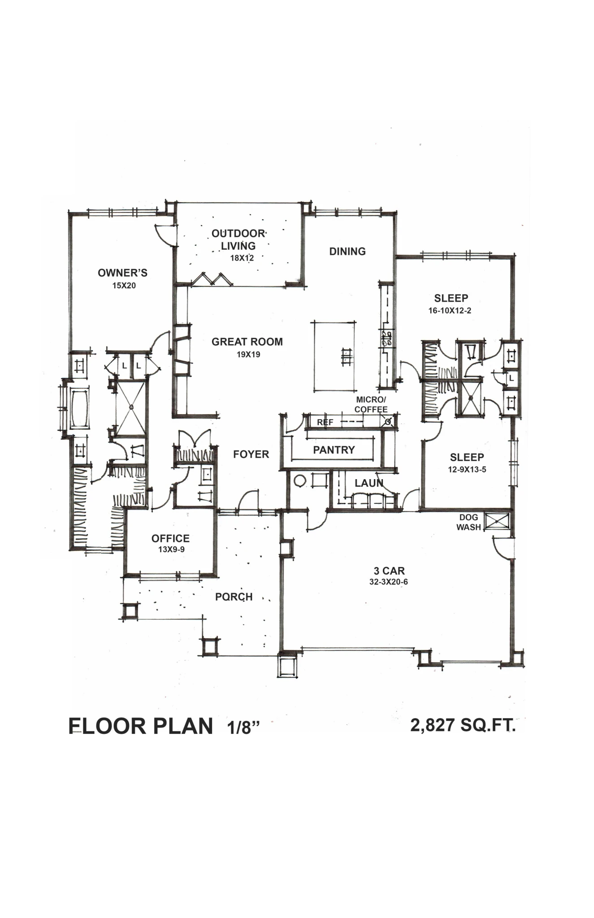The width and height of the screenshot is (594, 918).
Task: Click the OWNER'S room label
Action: tap(122, 273)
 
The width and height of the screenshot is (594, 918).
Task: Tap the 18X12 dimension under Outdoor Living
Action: tap(242, 258)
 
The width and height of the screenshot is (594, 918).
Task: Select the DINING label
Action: tap(347, 251)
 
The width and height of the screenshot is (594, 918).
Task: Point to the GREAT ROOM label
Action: tap(247, 342)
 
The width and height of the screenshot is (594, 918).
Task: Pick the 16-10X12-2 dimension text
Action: tap(450, 310)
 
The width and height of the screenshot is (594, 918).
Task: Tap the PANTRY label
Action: tap(334, 450)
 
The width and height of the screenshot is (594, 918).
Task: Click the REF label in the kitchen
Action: tap(325, 422)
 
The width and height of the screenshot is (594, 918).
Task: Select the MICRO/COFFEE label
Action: tap(371, 404)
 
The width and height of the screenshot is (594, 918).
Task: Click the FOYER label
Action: tap(251, 454)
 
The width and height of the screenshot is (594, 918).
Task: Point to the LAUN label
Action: tap(369, 483)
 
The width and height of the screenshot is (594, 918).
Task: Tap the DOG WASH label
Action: tap(468, 522)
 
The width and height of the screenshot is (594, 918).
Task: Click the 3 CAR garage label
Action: tap(389, 571)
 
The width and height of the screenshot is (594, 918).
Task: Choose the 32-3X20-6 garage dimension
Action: tap(388, 582)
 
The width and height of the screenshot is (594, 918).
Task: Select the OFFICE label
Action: tap(170, 538)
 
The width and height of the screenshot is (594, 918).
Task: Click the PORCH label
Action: tap(234, 597)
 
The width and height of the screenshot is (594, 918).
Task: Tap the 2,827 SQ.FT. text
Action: tap(463, 725)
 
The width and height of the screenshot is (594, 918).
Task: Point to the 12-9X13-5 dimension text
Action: tap(467, 469)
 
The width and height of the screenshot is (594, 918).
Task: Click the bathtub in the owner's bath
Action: tap(80, 408)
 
